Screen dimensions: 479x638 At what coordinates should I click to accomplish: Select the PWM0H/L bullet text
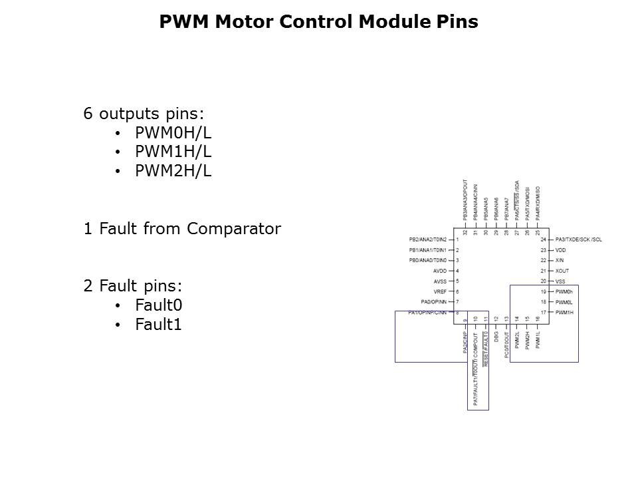tap(173, 132)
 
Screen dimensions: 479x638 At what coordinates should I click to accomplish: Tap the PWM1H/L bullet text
tap(173, 152)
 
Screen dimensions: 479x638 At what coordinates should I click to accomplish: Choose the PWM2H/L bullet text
tap(173, 171)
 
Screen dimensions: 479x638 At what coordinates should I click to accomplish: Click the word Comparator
tap(234, 230)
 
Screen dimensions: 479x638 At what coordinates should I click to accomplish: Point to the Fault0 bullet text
tap(158, 305)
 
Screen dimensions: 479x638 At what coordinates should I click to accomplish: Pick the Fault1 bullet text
tap(158, 325)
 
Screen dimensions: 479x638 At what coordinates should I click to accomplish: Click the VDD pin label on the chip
tap(561, 249)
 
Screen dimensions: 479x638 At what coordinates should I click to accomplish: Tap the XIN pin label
tap(560, 260)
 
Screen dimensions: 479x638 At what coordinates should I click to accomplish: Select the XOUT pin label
tap(562, 271)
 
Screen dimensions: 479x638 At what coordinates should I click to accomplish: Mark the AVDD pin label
tap(440, 271)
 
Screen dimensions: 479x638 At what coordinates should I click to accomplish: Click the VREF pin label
tap(440, 292)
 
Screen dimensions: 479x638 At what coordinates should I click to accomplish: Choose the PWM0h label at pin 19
tap(564, 291)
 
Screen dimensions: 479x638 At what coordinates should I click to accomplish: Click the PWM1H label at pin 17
tap(564, 312)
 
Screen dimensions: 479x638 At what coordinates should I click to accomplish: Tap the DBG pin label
tap(496, 337)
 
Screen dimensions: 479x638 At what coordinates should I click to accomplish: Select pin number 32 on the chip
tap(465, 232)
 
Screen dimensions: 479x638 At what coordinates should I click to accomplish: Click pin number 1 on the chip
tap(458, 239)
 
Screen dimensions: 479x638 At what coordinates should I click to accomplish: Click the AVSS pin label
tap(440, 281)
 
